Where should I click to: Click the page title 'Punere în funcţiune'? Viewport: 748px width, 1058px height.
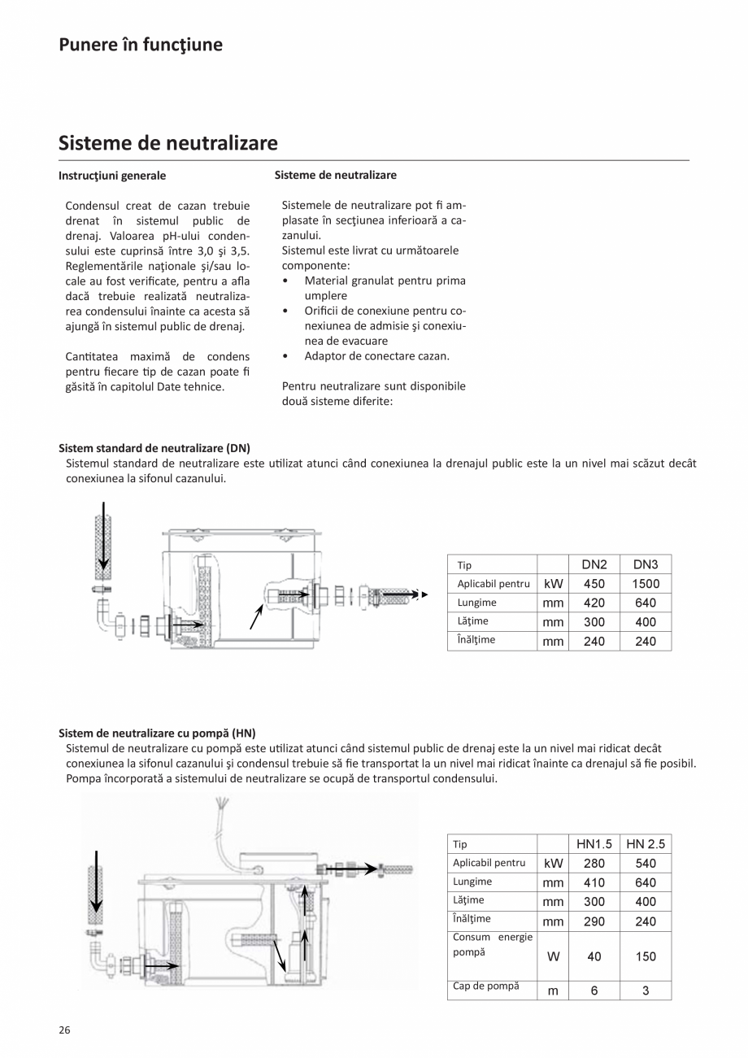click(141, 45)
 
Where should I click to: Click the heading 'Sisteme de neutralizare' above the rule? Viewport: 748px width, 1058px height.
click(168, 144)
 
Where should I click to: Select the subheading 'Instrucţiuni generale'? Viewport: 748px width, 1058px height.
click(112, 176)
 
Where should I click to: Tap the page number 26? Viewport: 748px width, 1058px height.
click(65, 1030)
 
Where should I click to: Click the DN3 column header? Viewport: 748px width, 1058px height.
click(646, 564)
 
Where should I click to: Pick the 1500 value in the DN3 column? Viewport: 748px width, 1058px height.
click(646, 584)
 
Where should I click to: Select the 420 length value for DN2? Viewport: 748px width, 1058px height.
click(594, 603)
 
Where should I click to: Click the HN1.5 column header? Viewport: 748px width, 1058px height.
click(594, 844)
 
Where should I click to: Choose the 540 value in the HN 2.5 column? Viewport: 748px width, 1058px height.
click(646, 863)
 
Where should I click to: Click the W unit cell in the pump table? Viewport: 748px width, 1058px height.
click(553, 957)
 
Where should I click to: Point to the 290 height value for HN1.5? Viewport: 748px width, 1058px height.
click(594, 921)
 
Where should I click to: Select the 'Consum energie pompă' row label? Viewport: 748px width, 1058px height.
click(492, 944)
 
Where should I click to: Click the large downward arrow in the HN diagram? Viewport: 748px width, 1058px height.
click(96, 882)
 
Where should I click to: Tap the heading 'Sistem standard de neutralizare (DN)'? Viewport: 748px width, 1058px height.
click(154, 448)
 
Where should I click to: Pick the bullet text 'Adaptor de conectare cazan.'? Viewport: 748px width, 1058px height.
click(376, 356)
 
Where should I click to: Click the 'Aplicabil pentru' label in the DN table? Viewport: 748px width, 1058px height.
click(494, 584)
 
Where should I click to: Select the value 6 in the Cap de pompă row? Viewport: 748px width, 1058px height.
click(594, 991)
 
